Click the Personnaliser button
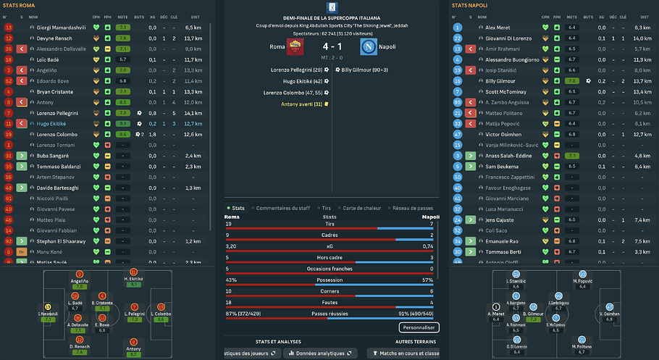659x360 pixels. point(419,327)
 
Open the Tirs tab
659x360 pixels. point(330,208)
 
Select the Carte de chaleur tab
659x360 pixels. point(362,208)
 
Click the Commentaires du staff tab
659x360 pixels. point(283,208)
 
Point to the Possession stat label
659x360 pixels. point(329,280)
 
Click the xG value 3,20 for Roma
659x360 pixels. point(232,246)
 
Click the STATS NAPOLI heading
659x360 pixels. point(471,6)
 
